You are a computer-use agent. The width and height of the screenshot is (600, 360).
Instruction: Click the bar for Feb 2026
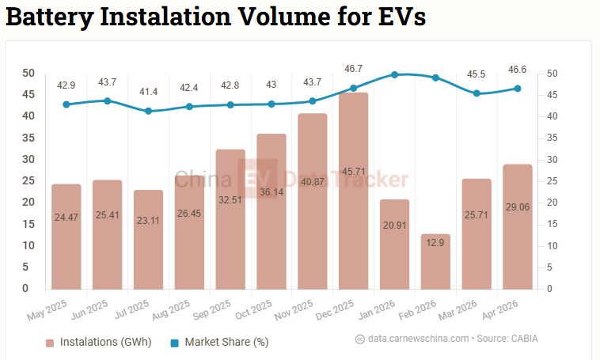[435, 262]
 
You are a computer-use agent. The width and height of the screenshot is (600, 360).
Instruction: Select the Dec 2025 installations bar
[354, 191]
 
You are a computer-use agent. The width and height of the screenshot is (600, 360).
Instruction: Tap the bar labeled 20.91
[394, 244]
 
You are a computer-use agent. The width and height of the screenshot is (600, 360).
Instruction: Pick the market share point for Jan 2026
[394, 74]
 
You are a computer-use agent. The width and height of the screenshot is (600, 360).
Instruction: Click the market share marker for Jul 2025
[149, 111]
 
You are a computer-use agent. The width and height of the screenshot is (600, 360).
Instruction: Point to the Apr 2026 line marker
[518, 89]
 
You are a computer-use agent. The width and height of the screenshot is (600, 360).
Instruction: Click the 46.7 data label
[353, 69]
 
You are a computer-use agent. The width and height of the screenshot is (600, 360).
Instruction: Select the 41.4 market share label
[149, 92]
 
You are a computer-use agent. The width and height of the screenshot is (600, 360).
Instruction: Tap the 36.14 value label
[272, 192]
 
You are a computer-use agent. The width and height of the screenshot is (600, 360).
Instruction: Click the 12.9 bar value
[435, 243]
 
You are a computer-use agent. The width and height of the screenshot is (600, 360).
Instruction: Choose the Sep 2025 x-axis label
[211, 309]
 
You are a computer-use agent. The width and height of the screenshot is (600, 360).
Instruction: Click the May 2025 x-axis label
[47, 309]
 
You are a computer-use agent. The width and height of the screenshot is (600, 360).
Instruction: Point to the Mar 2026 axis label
[458, 309]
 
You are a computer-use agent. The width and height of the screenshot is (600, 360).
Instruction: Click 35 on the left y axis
[28, 138]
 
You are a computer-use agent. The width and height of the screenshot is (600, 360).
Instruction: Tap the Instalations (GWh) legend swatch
[50, 343]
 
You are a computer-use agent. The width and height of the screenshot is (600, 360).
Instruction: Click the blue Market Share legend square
[174, 343]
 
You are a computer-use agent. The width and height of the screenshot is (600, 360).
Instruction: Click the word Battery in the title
[50, 17]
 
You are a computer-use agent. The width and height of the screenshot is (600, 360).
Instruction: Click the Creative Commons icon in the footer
[359, 339]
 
